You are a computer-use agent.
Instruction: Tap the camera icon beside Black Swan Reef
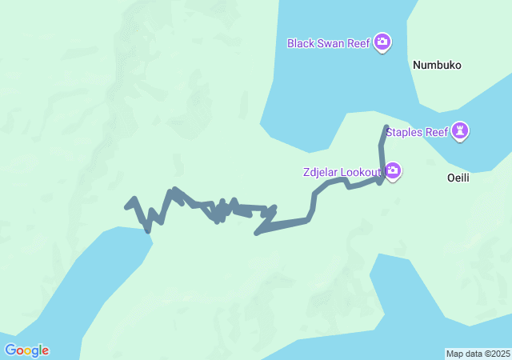pos(382,42)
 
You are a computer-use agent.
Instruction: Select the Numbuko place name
pos(438,66)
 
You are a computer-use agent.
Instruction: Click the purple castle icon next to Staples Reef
pos(460,130)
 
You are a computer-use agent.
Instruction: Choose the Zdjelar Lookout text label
pos(342,172)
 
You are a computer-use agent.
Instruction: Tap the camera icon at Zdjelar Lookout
pos(393,171)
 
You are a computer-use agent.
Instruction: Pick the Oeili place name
pos(458,178)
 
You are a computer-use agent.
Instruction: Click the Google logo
pos(26,350)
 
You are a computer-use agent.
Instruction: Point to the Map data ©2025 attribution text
pos(478,354)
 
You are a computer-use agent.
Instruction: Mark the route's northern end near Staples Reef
pos(386,126)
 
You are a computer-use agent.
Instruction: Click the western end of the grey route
pos(127,207)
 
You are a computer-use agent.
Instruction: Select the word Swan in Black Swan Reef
pos(332,42)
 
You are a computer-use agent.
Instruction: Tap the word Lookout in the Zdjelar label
pos(362,172)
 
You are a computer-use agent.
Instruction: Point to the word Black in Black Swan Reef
pos(302,42)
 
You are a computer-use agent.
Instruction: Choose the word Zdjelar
pos(321,172)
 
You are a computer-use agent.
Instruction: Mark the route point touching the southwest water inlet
pos(148,230)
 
